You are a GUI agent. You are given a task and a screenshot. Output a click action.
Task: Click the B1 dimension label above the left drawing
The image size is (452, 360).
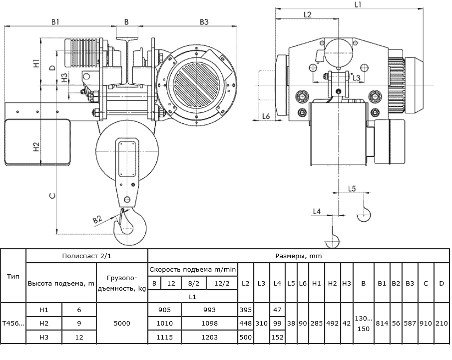[x=55, y=21]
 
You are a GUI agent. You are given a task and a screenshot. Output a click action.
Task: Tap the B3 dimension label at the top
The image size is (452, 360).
[x=204, y=21]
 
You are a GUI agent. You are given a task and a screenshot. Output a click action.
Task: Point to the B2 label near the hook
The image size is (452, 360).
[x=98, y=220]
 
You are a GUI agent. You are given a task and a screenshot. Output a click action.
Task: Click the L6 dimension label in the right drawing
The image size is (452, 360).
[x=266, y=116]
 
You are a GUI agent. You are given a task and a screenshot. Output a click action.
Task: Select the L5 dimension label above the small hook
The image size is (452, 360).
[x=352, y=189]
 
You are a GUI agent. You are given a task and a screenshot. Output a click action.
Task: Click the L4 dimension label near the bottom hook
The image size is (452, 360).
[x=317, y=211]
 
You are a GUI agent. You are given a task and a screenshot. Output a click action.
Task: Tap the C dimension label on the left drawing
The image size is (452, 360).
[x=52, y=196]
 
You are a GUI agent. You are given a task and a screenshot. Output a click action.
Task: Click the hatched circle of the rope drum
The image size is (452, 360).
[x=196, y=84]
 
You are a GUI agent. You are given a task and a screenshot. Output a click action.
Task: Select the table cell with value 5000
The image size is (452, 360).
[x=122, y=324]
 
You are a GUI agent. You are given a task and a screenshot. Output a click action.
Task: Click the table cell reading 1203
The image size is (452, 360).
[x=209, y=337]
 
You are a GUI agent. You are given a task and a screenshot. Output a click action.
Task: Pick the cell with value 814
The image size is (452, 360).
[x=382, y=324]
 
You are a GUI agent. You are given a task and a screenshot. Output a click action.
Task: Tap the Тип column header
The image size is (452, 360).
[x=13, y=277]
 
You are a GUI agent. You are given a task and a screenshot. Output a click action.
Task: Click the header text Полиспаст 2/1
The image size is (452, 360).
[x=86, y=256]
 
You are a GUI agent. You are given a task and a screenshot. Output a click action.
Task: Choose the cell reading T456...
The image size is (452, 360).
[x=13, y=324]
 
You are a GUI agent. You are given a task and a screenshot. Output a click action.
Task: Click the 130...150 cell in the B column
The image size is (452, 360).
[x=363, y=324]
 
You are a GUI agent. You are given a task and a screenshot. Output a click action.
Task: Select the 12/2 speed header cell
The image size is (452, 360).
[x=222, y=283]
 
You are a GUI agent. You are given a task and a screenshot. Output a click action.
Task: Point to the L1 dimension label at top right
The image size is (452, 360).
[x=358, y=5]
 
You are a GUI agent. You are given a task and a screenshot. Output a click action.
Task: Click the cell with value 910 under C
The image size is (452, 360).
[x=426, y=324]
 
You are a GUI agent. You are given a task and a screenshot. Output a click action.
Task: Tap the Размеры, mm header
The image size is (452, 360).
[x=298, y=256]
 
